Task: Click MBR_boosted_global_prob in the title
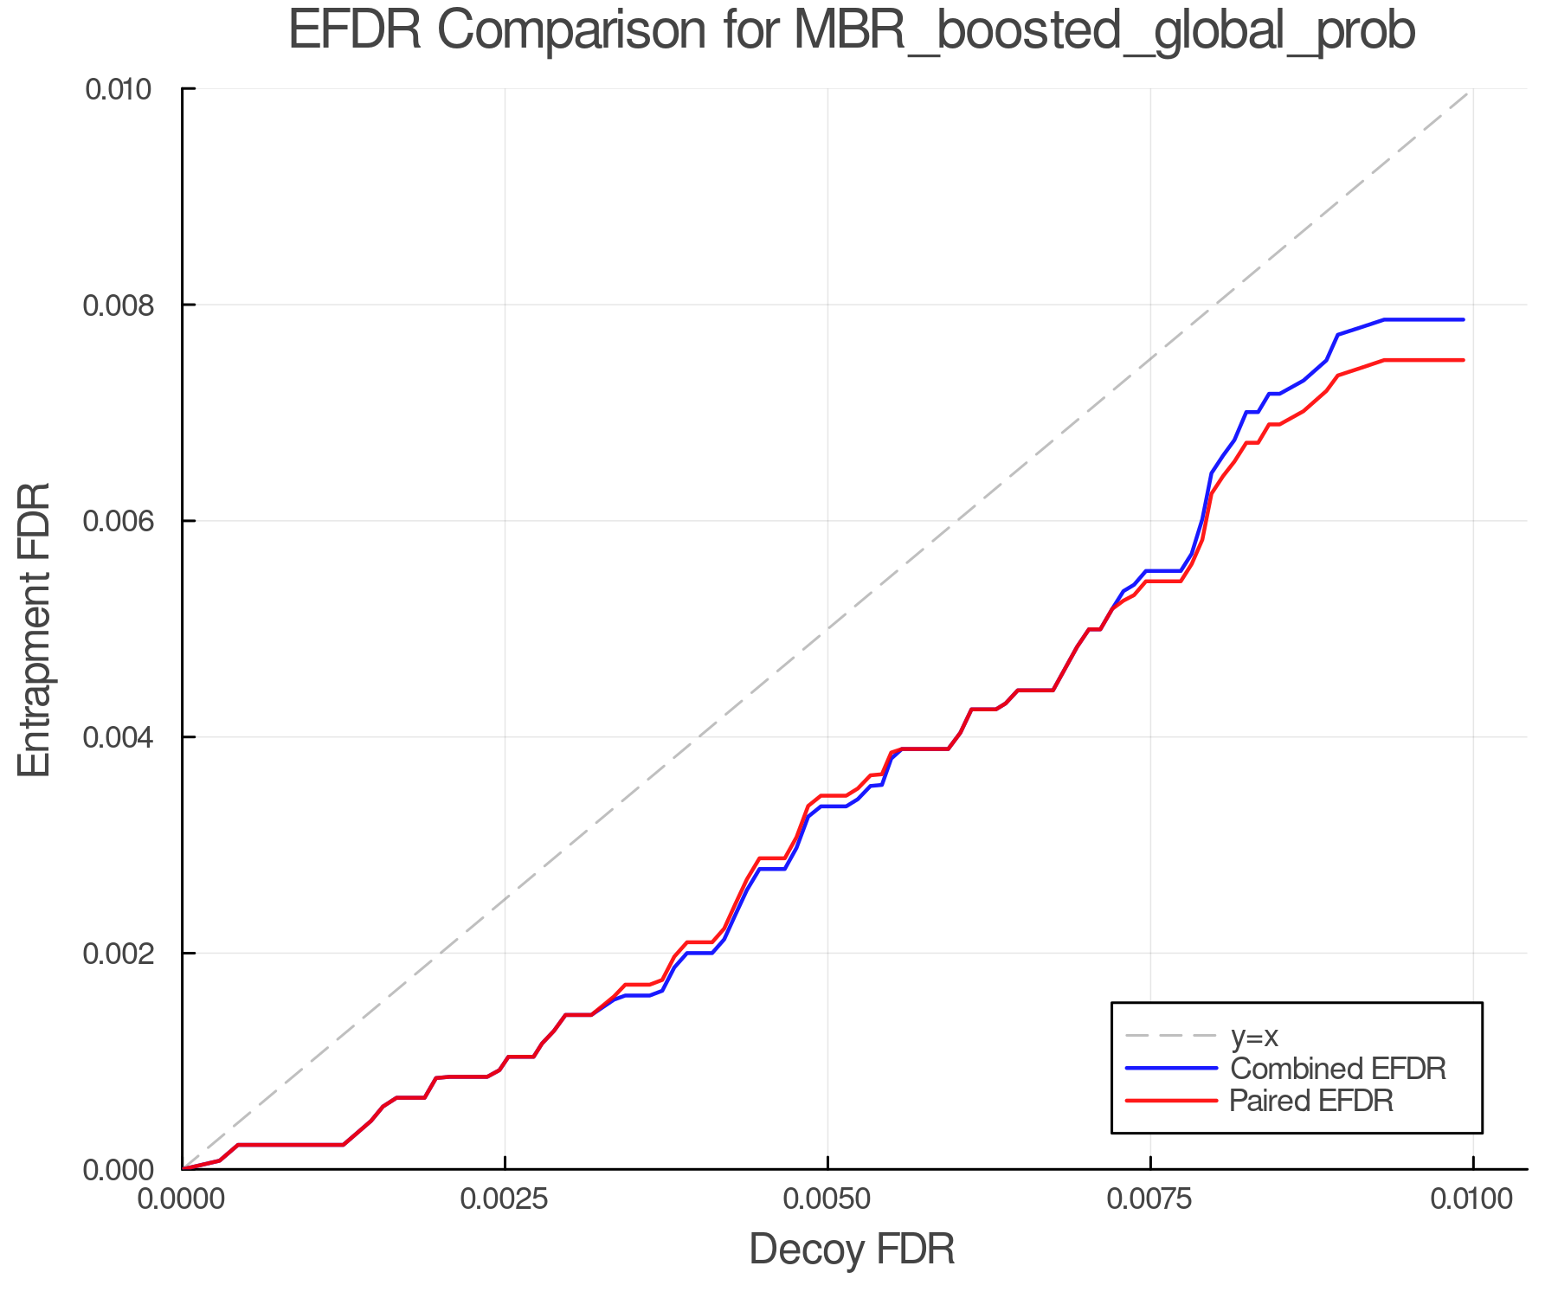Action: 1104,32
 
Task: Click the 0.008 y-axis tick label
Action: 128,305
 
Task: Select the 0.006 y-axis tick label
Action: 128,521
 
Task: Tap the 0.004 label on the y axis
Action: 128,737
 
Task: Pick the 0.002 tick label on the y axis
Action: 128,954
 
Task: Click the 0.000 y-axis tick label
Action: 128,1170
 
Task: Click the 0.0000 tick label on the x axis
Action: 182,1199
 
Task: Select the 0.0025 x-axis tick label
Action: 505,1199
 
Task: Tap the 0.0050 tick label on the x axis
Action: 827,1199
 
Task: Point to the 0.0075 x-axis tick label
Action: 1150,1199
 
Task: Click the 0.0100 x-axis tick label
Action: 1472,1199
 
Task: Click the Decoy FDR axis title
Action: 852,1250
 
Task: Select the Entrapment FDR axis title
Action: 35,629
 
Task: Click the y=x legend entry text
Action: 1254,1036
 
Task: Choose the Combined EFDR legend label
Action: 1337,1069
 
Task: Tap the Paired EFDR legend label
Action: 1311,1101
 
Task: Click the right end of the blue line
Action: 1464,320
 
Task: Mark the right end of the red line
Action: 1464,360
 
